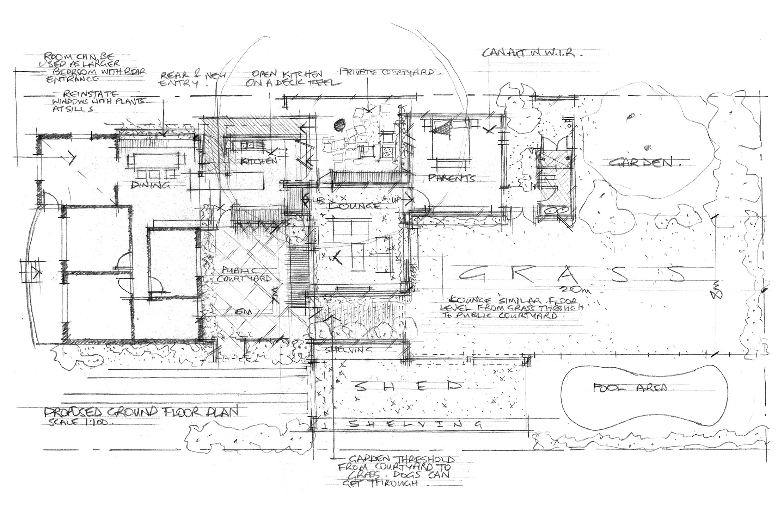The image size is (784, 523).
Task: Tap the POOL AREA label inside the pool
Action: pyautogui.click(x=630, y=388)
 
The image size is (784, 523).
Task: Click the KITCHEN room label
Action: pyautogui.click(x=258, y=162)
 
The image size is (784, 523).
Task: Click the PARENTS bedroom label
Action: pyautogui.click(x=451, y=178)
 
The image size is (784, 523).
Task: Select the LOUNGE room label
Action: pyautogui.click(x=354, y=205)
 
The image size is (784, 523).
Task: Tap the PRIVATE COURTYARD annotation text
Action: pyautogui.click(x=391, y=73)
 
